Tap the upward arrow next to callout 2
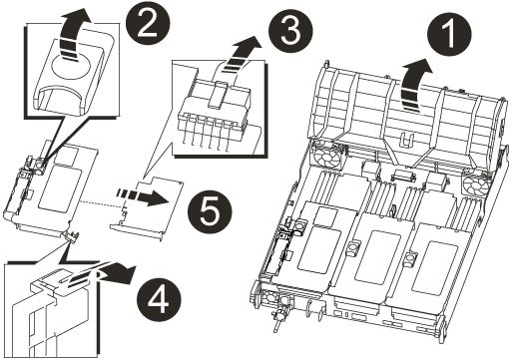coord(74,32)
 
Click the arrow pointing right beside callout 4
coord(110,272)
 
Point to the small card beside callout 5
coord(147,206)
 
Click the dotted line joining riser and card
coord(101,203)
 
